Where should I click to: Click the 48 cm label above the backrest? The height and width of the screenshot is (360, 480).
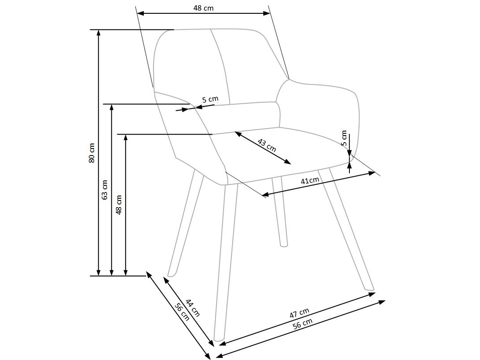coord(203,8)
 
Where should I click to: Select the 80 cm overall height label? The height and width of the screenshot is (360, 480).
coord(92,152)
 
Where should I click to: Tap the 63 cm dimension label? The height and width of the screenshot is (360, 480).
coord(105,189)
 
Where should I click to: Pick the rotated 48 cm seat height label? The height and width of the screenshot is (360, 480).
coord(119,204)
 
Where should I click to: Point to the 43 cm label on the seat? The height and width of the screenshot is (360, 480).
coord(267,145)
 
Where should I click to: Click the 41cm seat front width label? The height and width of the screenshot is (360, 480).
coord(310,180)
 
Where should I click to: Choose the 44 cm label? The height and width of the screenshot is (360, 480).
coord(192,308)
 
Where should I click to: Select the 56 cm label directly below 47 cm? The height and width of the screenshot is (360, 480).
coord(303,324)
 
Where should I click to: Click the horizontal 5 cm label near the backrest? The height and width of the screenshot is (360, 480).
coord(210,99)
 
